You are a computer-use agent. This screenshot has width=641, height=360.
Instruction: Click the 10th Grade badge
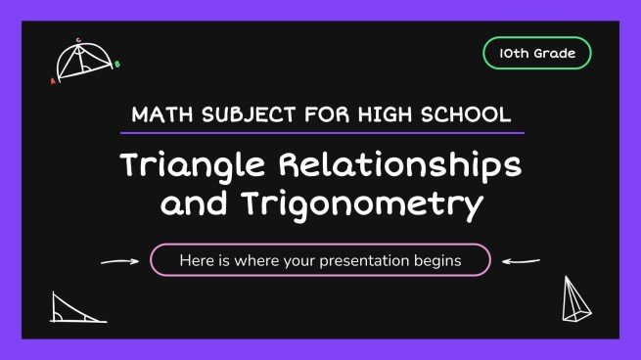(537, 54)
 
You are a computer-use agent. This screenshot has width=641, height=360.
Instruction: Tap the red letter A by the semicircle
(53, 82)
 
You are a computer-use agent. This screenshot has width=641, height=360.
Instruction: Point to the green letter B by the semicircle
(117, 66)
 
